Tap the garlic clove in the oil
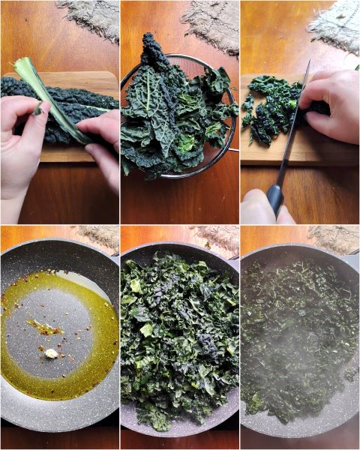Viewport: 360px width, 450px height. [x=51, y=352]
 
